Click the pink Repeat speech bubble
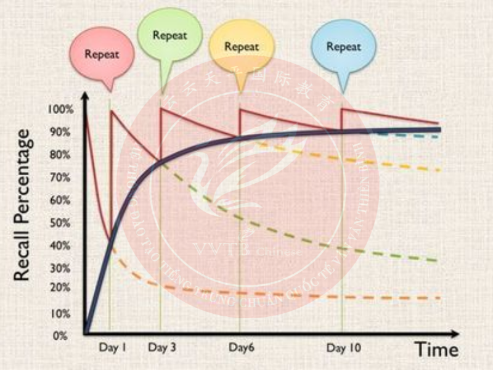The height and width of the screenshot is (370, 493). pyautogui.click(x=101, y=54)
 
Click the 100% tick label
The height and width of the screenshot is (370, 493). pyautogui.click(x=60, y=110)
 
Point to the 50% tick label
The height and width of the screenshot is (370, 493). pyautogui.click(x=61, y=223)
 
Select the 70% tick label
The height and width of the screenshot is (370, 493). pyautogui.click(x=61, y=178)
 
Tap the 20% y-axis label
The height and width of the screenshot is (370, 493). pyautogui.click(x=61, y=287)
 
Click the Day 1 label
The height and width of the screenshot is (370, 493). pyautogui.click(x=112, y=348)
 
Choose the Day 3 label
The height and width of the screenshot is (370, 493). pyautogui.click(x=162, y=348)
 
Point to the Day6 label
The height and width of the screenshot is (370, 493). pyautogui.click(x=242, y=348)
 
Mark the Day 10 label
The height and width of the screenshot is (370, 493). pyautogui.click(x=344, y=348)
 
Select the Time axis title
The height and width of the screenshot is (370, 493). pyautogui.click(x=436, y=350)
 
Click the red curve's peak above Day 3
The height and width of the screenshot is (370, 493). pyautogui.click(x=161, y=109)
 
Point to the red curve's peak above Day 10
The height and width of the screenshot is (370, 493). pyautogui.click(x=342, y=109)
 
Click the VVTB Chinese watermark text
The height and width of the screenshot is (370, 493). pyautogui.click(x=246, y=250)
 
